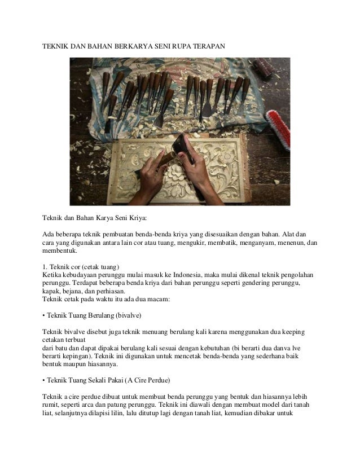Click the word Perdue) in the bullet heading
164,373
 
